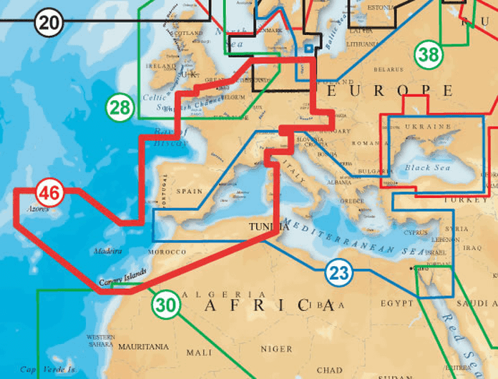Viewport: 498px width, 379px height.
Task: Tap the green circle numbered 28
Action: click(x=121, y=108)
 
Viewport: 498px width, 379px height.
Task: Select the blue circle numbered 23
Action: click(x=339, y=272)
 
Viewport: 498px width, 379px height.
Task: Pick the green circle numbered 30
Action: click(x=165, y=304)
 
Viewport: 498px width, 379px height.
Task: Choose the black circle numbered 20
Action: click(x=49, y=23)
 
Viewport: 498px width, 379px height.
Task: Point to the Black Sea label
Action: click(x=418, y=168)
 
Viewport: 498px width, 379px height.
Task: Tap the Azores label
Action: click(x=38, y=210)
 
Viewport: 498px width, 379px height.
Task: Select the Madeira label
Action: click(x=107, y=252)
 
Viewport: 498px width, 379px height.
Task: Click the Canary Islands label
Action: click(x=125, y=277)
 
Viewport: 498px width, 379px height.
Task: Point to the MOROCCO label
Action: click(x=167, y=252)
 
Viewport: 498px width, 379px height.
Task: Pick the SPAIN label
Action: click(x=190, y=191)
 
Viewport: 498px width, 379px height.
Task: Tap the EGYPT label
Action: click(x=397, y=303)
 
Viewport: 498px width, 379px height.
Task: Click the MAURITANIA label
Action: click(x=143, y=347)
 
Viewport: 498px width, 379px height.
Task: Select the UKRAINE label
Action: click(x=429, y=127)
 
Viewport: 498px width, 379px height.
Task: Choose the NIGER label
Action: click(x=277, y=349)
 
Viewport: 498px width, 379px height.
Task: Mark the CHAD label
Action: click(x=329, y=370)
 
